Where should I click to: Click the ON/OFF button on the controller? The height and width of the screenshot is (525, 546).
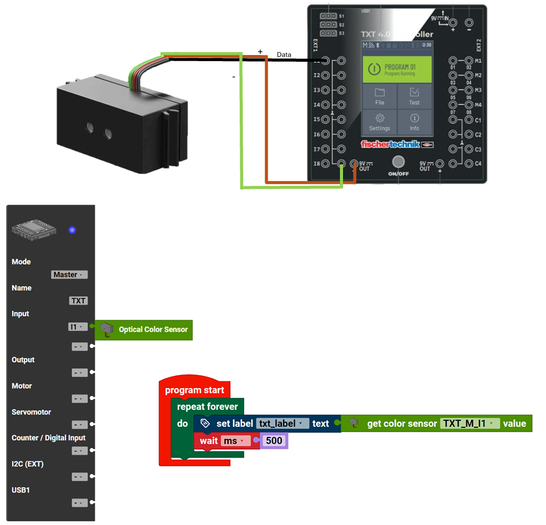coord(399,163)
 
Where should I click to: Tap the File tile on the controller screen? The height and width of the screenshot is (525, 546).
coord(380,97)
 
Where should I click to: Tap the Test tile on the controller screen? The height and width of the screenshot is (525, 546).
coord(415,97)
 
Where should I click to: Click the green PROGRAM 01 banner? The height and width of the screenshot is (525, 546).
coord(397,69)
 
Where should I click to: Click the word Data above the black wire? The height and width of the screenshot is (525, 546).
coord(284,54)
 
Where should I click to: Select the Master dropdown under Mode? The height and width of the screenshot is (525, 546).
coord(70,274)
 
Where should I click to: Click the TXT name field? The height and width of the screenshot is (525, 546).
coord(79,301)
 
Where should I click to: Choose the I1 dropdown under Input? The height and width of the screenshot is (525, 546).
coord(77,327)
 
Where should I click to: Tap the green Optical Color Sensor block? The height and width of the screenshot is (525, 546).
coord(144,329)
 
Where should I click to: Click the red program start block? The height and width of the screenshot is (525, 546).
coord(194,389)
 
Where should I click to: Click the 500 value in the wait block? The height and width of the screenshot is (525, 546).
coord(273,441)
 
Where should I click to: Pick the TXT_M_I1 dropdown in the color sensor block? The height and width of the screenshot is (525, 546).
coord(469,423)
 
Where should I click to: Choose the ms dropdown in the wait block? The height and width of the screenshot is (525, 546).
coord(235,441)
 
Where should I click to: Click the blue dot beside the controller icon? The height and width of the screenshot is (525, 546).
coord(72,230)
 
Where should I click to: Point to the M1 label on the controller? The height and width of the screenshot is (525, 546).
coord(478,61)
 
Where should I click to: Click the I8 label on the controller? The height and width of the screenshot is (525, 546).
coord(317,164)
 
